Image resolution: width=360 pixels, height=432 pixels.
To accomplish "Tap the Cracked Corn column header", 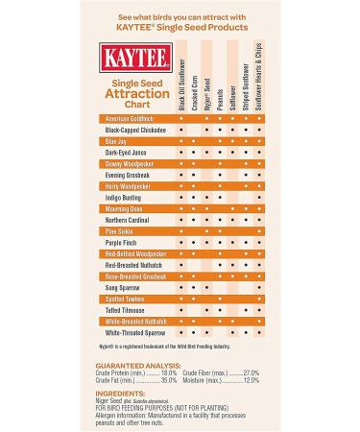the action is [194, 89].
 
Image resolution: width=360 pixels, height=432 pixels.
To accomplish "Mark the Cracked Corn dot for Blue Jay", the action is [194, 140].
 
